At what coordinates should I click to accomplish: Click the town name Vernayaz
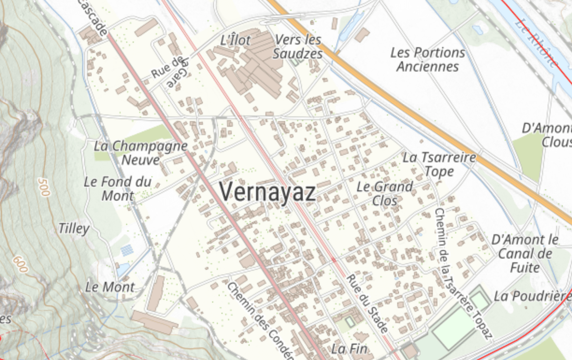click(x=267, y=192)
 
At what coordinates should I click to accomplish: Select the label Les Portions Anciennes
click(x=428, y=59)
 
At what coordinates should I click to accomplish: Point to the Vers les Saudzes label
click(x=298, y=47)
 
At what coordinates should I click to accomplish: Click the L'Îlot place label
click(x=235, y=40)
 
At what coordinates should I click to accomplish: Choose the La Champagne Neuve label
click(x=141, y=152)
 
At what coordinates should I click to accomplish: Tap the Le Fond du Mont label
click(x=118, y=188)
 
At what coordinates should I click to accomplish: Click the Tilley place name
click(x=74, y=229)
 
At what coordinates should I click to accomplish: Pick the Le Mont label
click(x=110, y=287)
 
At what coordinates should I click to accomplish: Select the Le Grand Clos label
click(x=385, y=194)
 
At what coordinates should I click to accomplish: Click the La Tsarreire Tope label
click(x=439, y=164)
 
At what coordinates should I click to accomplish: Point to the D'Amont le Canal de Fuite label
click(x=525, y=254)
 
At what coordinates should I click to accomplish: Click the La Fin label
click(x=349, y=348)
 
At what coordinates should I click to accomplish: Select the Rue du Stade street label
click(x=367, y=303)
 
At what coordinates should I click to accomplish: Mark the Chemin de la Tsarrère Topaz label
click(x=463, y=273)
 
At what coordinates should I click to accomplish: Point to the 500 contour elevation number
click(x=44, y=188)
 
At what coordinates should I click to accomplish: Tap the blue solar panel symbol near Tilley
click(x=127, y=250)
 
